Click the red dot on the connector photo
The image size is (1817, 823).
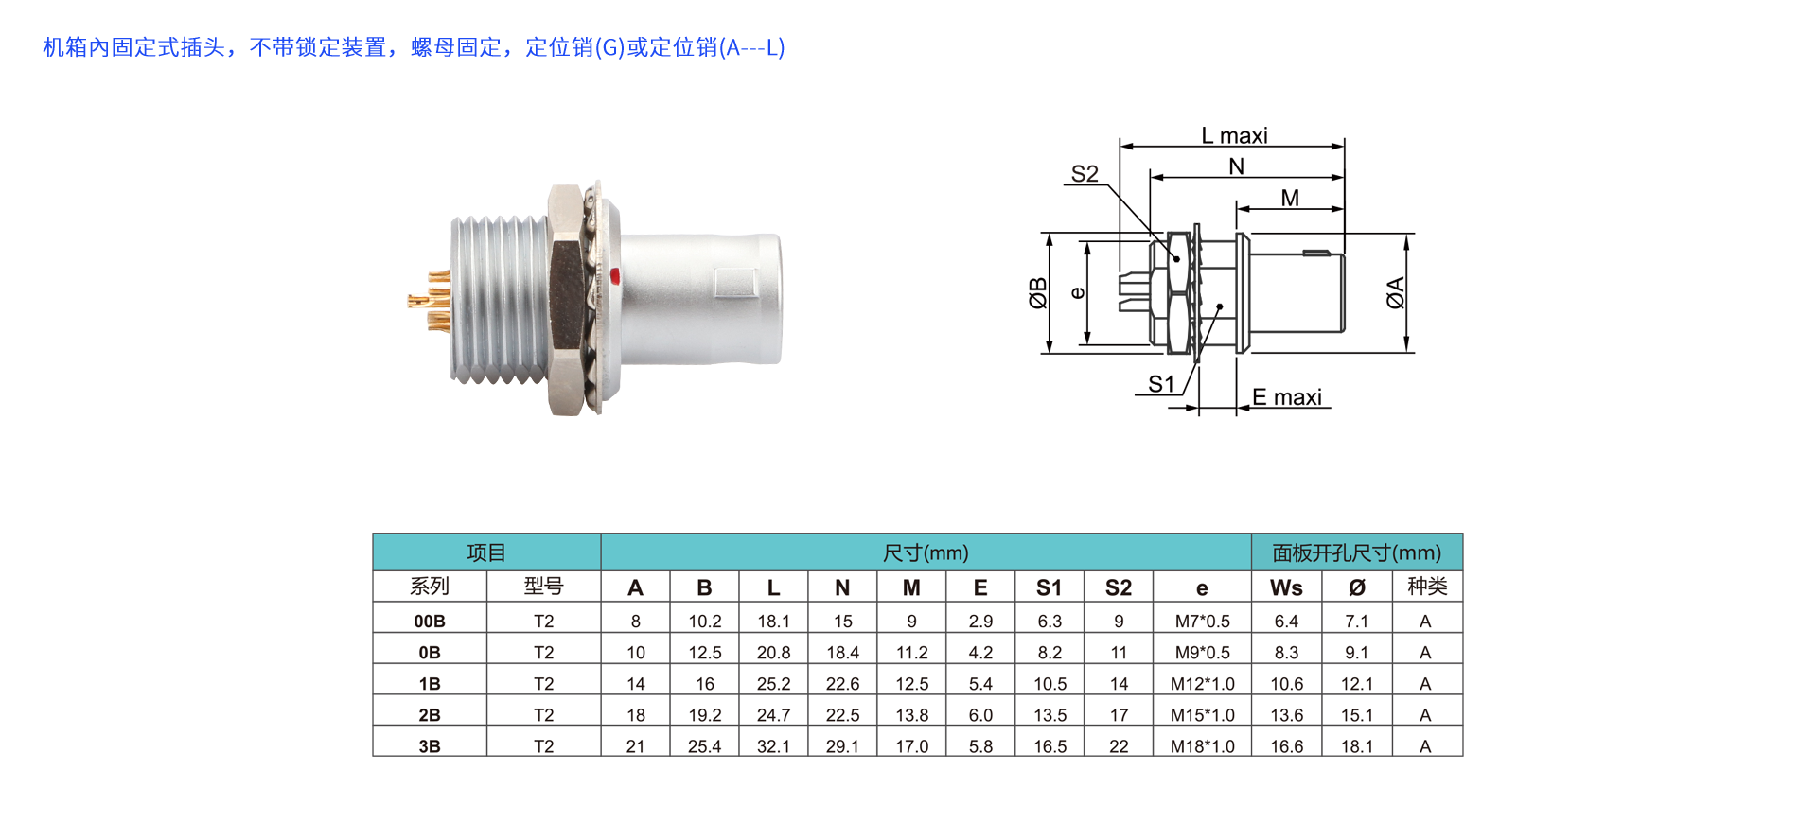(x=614, y=276)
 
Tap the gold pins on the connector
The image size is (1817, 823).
(x=430, y=302)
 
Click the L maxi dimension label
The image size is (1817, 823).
(x=1234, y=135)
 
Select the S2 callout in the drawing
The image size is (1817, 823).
(x=1085, y=174)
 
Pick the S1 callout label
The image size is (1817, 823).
(x=1161, y=384)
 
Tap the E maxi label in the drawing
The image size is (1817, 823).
(x=1287, y=397)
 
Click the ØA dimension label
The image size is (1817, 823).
(x=1396, y=293)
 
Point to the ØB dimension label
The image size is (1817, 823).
(x=1038, y=293)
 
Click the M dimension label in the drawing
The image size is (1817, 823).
(x=1290, y=198)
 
